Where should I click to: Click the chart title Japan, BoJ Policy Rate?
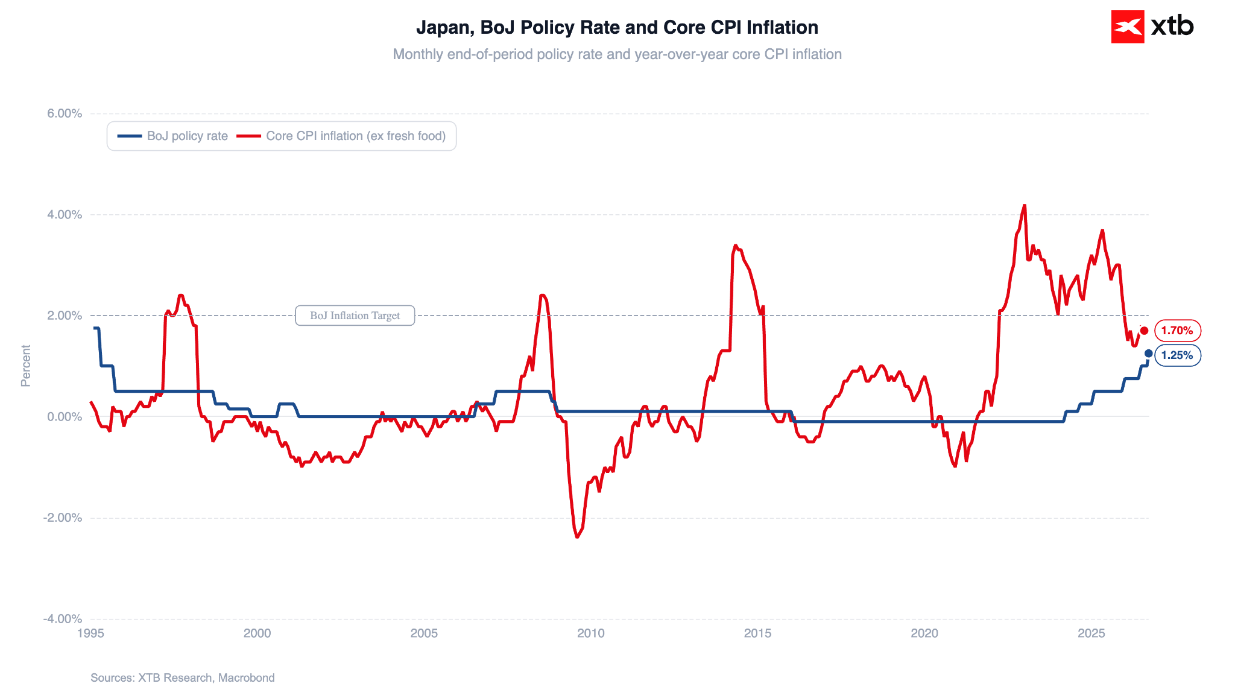pyautogui.click(x=617, y=27)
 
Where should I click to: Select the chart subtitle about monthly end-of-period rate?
pyautogui.click(x=617, y=54)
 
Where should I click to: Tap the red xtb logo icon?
pyautogui.click(x=1127, y=27)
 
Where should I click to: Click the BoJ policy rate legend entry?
pyautogui.click(x=172, y=136)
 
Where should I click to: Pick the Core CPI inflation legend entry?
pyautogui.click(x=341, y=136)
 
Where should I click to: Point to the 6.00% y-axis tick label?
pyautogui.click(x=65, y=113)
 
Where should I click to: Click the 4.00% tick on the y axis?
pyautogui.click(x=65, y=215)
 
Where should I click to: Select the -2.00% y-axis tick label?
pyautogui.click(x=63, y=518)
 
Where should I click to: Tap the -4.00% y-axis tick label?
pyautogui.click(x=63, y=619)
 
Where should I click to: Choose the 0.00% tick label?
pyautogui.click(x=65, y=417)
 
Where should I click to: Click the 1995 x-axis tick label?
pyautogui.click(x=91, y=633)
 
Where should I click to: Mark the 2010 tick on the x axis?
pyautogui.click(x=591, y=633)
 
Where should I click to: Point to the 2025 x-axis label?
pyautogui.click(x=1091, y=633)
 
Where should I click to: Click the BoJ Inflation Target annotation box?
pyautogui.click(x=355, y=316)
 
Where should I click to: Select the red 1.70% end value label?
pyautogui.click(x=1177, y=331)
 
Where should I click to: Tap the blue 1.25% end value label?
pyautogui.click(x=1177, y=355)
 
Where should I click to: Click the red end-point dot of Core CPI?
pyautogui.click(x=1144, y=331)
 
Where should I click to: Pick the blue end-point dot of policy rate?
pyautogui.click(x=1148, y=354)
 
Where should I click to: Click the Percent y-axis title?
pyautogui.click(x=26, y=366)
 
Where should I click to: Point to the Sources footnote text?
pyautogui.click(x=183, y=678)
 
